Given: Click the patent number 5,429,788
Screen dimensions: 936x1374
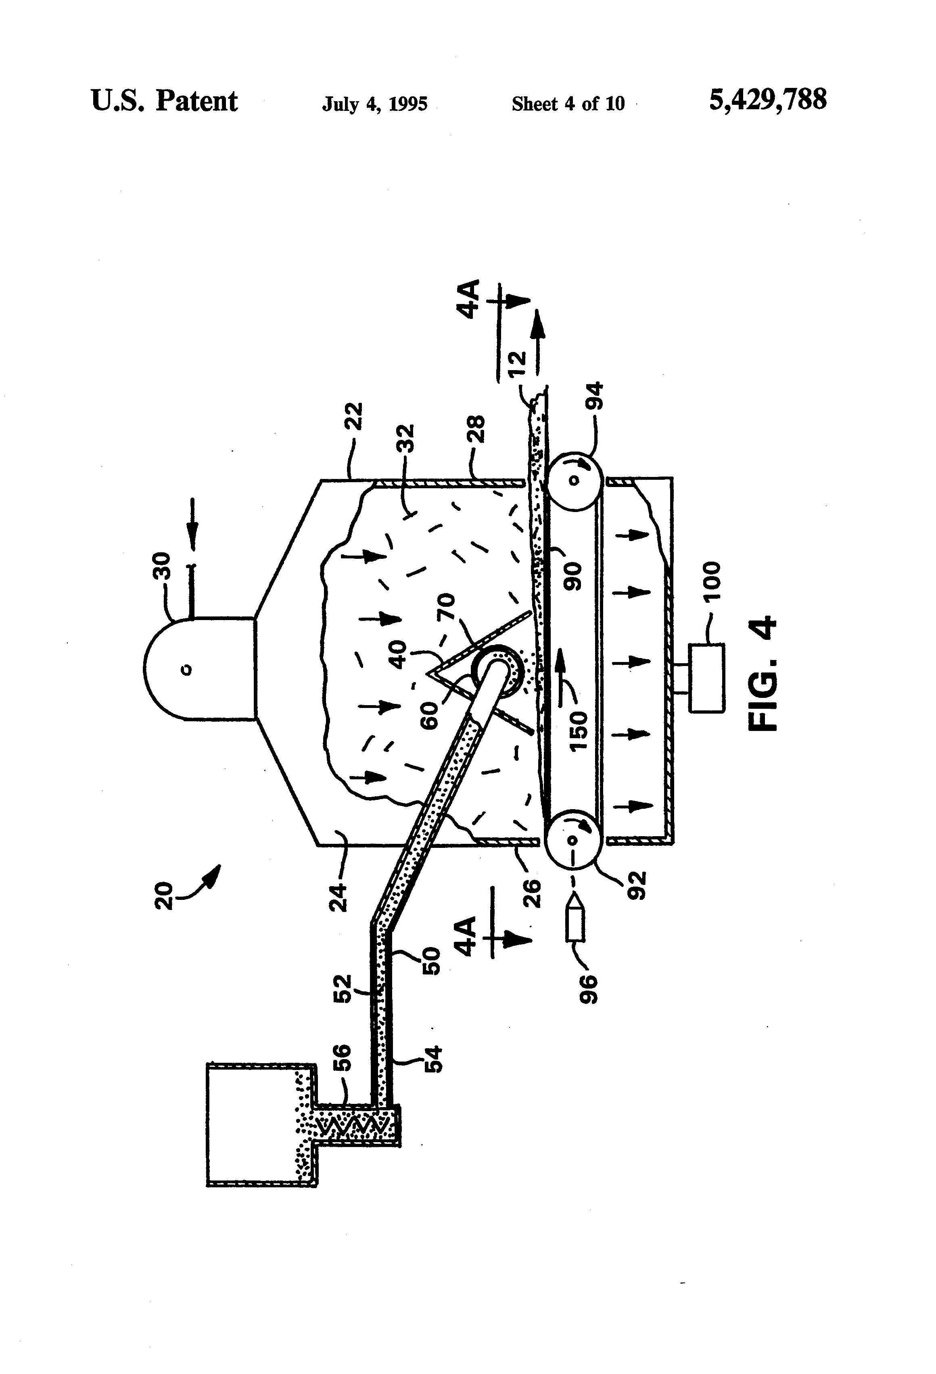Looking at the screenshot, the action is click(767, 100).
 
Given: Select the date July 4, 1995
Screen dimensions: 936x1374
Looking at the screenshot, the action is click(374, 104).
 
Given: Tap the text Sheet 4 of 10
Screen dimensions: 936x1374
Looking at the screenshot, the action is click(568, 104).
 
